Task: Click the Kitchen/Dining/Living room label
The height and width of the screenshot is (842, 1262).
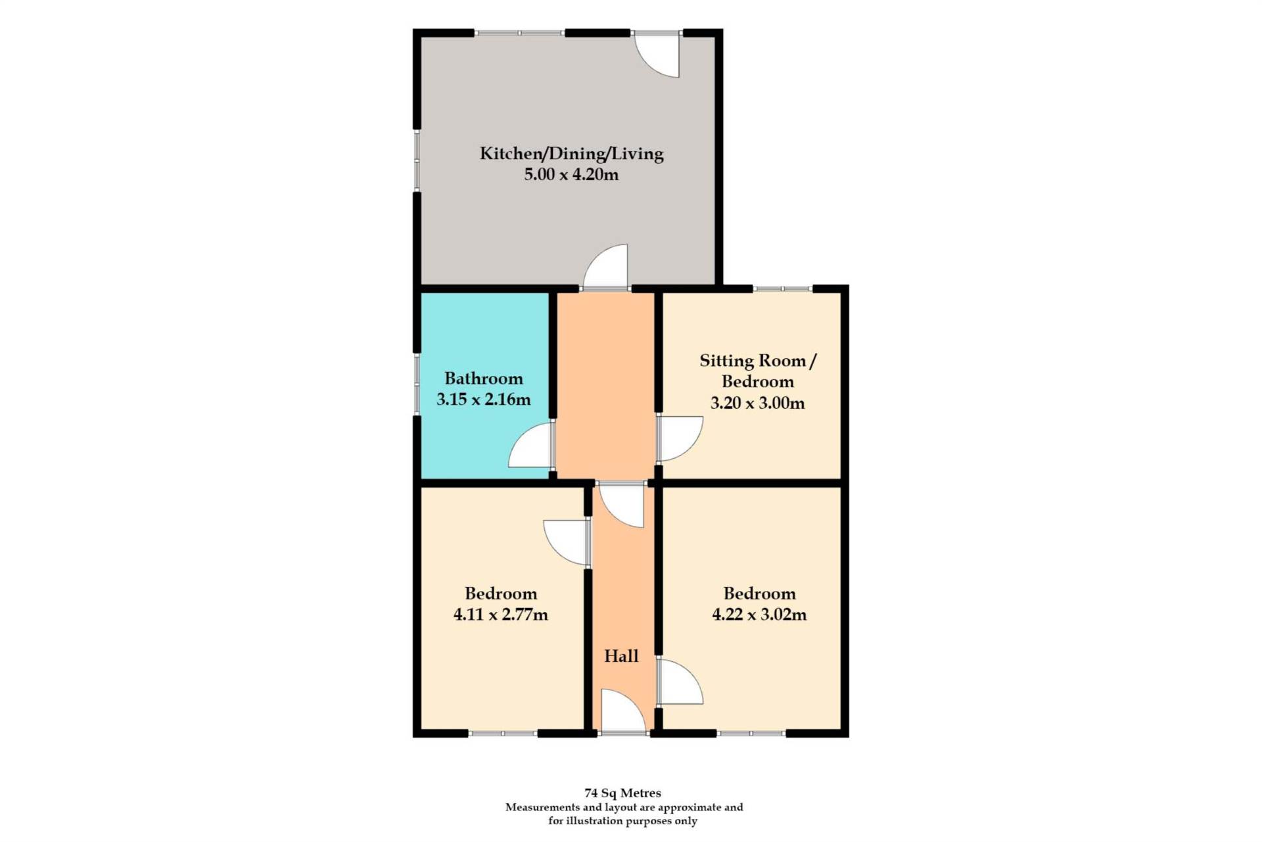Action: click(571, 154)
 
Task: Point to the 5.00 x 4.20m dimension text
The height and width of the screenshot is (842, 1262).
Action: click(571, 175)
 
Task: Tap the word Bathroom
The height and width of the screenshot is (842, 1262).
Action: click(484, 379)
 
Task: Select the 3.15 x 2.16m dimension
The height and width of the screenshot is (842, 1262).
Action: click(484, 400)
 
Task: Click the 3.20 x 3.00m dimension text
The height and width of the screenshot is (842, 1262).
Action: click(757, 403)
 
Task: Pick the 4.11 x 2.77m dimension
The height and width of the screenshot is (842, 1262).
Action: click(501, 615)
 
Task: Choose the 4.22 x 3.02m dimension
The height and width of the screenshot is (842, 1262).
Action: click(759, 615)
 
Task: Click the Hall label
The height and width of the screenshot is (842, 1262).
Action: click(621, 656)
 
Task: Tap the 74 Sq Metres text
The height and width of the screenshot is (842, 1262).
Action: click(622, 793)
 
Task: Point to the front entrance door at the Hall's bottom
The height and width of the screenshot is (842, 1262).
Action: click(622, 711)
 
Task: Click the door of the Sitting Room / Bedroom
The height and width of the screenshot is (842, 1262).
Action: click(679, 438)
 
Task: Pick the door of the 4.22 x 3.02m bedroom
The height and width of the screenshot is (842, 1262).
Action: click(679, 682)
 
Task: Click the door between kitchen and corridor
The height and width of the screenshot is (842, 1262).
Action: click(605, 267)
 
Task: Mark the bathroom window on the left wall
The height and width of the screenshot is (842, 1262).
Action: click(417, 384)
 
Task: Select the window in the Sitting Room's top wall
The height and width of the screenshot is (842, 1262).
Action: click(783, 289)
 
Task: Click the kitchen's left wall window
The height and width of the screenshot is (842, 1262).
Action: click(417, 160)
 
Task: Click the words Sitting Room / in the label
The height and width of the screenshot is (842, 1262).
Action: click(757, 361)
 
